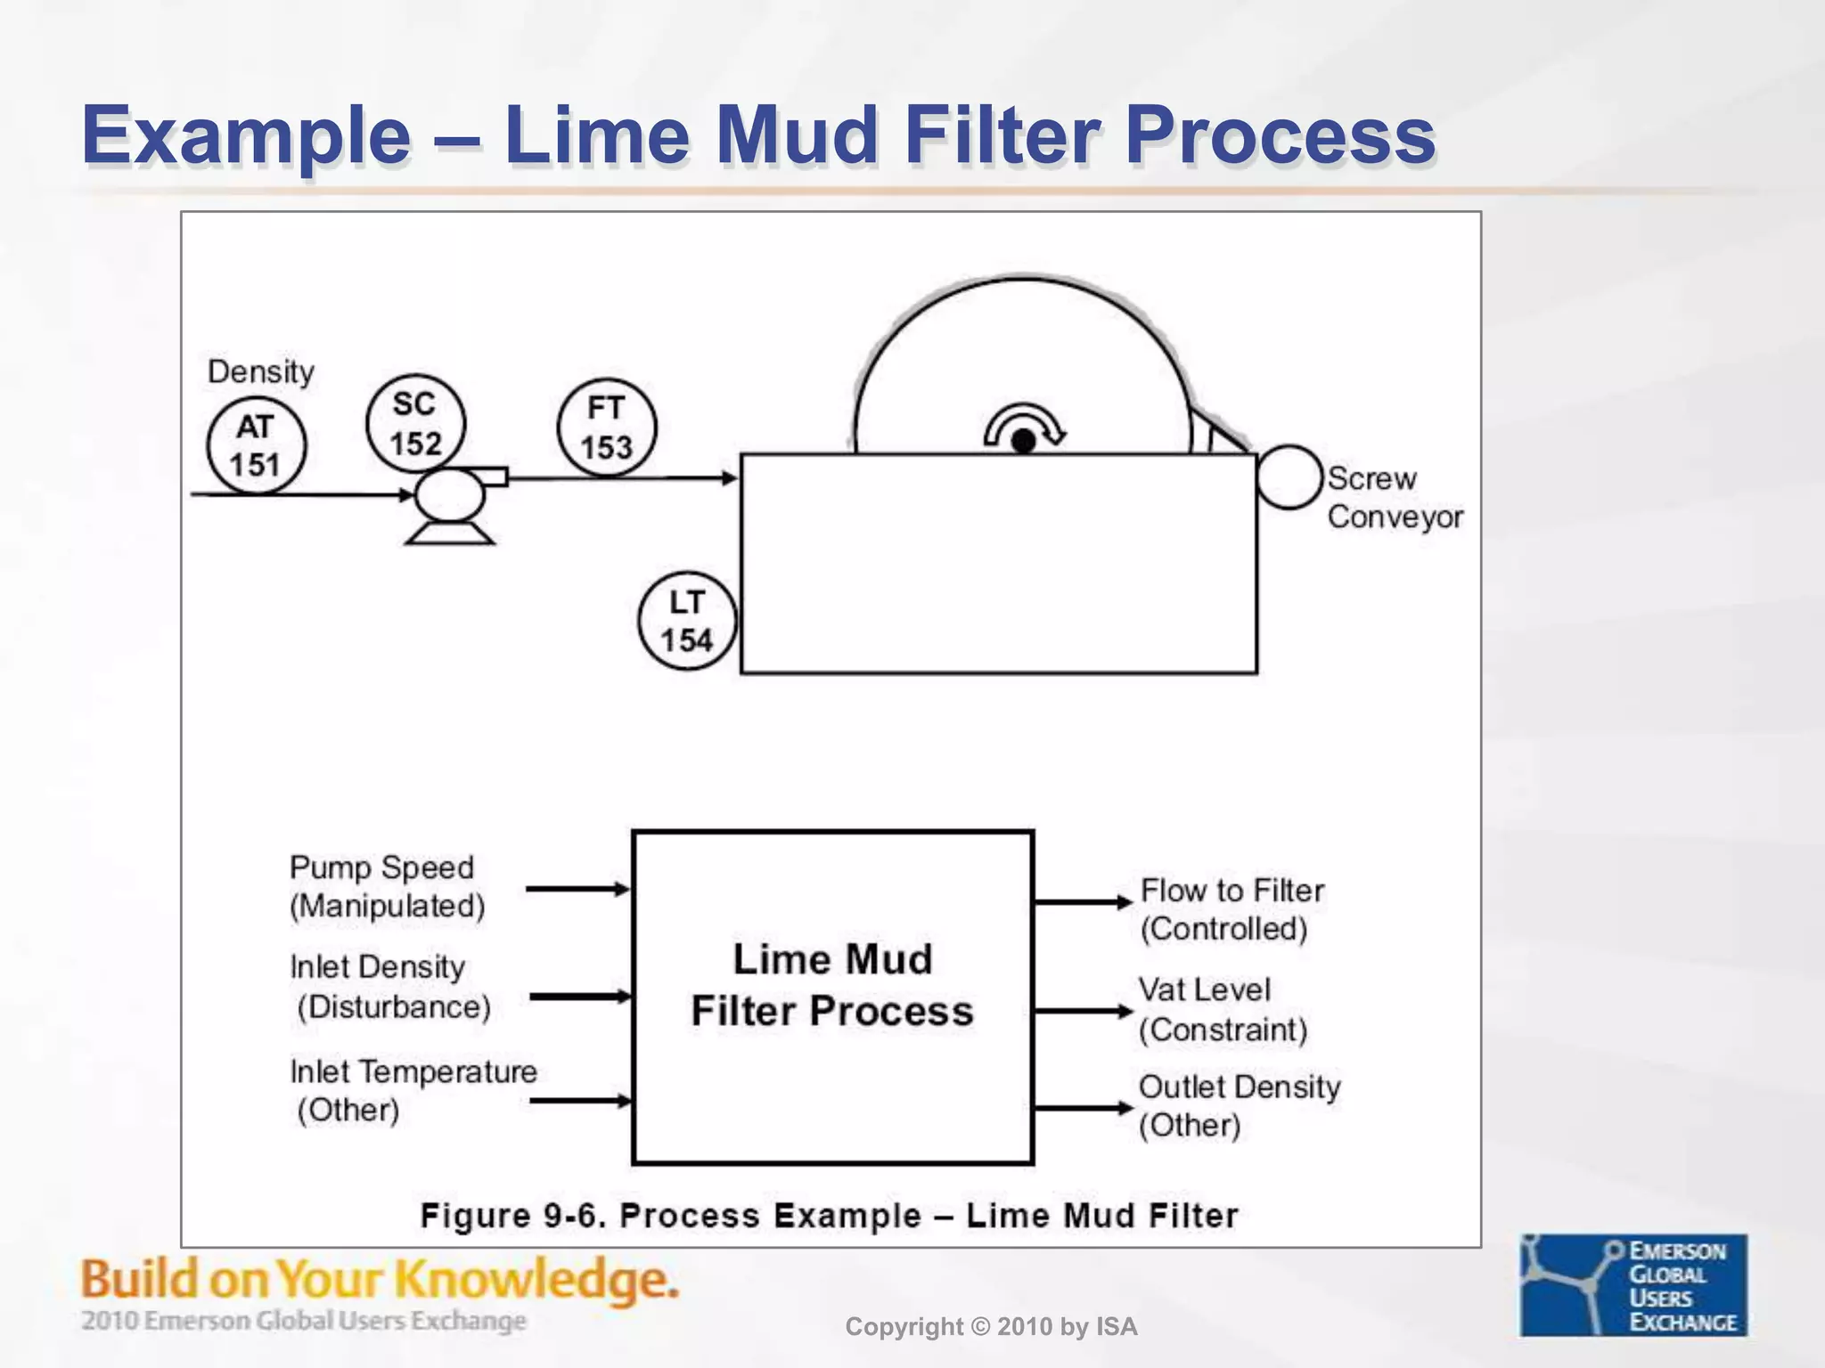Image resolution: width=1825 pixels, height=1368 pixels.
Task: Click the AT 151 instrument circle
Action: coord(256,446)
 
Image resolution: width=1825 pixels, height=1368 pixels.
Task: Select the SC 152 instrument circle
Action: coord(415,424)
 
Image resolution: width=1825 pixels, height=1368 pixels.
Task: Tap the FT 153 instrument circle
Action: coord(607,427)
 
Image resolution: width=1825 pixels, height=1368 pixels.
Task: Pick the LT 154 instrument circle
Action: coord(687,621)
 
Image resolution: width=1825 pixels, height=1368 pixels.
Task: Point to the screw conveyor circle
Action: coord(1289,477)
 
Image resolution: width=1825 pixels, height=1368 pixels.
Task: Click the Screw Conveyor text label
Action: coord(1394,497)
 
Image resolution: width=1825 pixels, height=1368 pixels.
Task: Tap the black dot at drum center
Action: coord(1024,440)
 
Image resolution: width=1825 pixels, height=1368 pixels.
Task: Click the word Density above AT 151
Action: coord(260,371)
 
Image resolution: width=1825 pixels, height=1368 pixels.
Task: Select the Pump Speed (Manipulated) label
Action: coord(387,886)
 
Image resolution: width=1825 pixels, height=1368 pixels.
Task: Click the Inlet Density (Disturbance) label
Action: coord(389,986)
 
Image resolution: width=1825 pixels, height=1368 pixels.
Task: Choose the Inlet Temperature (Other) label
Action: coord(412,1089)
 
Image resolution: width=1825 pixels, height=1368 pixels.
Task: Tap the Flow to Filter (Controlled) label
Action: coord(1231,908)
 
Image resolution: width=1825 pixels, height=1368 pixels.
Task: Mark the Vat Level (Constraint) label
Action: coord(1222,1009)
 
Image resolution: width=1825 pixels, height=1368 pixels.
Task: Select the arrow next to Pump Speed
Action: coord(577,889)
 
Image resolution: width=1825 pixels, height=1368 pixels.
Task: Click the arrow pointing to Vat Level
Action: coord(1082,1011)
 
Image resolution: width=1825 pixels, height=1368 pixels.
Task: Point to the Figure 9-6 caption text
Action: coord(829,1216)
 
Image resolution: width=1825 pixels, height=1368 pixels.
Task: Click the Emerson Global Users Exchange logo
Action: coord(1633,1284)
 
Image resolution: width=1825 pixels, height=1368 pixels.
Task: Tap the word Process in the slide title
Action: coord(1279,136)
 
